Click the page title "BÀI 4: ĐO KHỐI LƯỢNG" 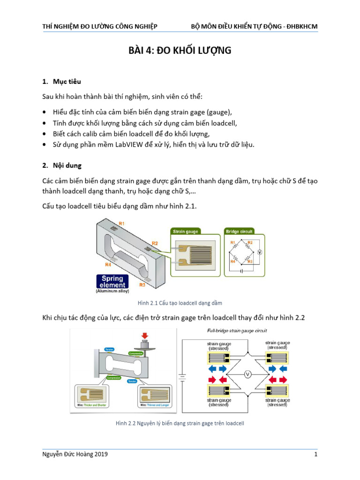[x=180, y=51]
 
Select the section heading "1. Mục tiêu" [x=61, y=82]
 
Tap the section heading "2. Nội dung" [x=63, y=165]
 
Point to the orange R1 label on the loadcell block [x=121, y=224]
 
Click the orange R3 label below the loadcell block [x=142, y=285]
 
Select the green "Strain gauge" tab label [x=186, y=231]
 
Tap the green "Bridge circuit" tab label [x=240, y=231]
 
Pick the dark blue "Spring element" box [x=112, y=282]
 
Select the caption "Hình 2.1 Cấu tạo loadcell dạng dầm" [x=180, y=303]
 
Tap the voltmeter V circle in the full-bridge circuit [x=249, y=374]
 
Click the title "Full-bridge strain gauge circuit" [x=237, y=330]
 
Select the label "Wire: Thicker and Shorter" [x=96, y=405]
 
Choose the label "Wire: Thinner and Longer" [x=155, y=405]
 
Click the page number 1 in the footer [x=316, y=455]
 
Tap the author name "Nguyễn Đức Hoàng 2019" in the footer [x=77, y=455]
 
